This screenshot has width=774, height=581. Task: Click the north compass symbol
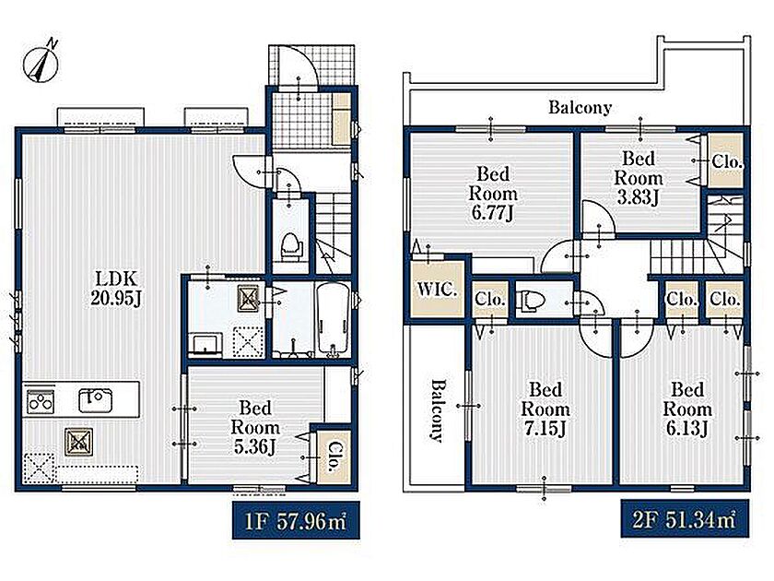click(41, 63)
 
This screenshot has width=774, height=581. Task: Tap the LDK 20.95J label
click(117, 288)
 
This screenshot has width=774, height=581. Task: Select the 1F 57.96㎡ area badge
click(296, 521)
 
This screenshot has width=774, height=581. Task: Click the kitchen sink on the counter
click(96, 399)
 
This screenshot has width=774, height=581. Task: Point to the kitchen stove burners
click(40, 400)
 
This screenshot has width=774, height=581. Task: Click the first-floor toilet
click(291, 245)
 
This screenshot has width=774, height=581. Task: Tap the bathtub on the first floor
click(334, 317)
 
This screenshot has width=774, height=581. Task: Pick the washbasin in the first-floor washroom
click(205, 343)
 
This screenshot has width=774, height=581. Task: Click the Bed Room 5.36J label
click(255, 427)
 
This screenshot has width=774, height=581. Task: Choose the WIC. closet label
click(438, 289)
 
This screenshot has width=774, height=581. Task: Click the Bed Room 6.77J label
click(493, 193)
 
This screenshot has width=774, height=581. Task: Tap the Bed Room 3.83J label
click(639, 178)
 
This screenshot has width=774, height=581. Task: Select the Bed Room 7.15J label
click(545, 409)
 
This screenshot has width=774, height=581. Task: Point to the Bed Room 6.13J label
click(687, 409)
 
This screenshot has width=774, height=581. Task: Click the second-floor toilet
click(531, 300)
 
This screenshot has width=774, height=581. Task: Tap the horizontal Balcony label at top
click(580, 107)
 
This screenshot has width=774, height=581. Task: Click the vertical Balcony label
click(438, 410)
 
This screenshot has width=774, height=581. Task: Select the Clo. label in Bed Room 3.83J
click(727, 161)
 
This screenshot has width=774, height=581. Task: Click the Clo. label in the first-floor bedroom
click(334, 456)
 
